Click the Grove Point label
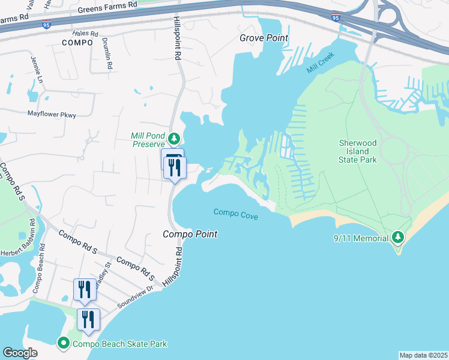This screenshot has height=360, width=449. (x=264, y=38)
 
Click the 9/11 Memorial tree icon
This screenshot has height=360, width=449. (x=397, y=238)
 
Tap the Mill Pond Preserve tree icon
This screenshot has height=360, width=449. (x=174, y=139)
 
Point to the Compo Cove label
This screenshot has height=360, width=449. (x=236, y=214)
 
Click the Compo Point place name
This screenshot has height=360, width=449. (x=190, y=234)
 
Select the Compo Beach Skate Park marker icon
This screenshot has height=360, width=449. (x=63, y=344)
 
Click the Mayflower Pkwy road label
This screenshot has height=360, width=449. (x=52, y=114)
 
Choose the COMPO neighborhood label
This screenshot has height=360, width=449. (x=77, y=43)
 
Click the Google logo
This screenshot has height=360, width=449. (x=20, y=353)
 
